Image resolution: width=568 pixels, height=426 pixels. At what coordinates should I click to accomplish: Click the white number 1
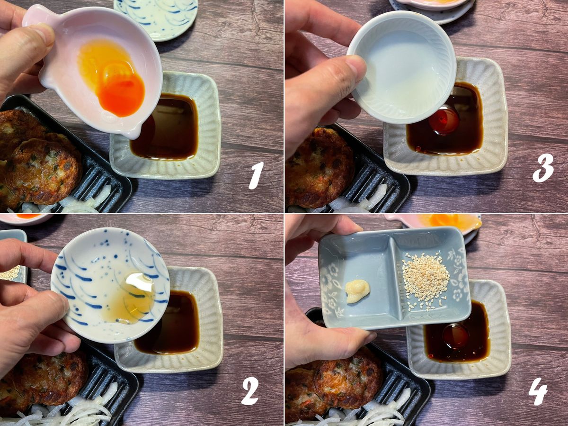256,176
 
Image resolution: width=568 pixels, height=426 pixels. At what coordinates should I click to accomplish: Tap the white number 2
250,391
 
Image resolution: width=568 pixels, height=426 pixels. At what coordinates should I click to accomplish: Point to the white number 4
538,395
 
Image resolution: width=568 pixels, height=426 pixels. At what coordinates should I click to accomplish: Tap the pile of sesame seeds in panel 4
426,280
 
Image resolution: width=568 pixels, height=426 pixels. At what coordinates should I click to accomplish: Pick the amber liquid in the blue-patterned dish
132,303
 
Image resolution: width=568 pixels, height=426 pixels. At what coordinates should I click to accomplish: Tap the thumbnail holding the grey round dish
355,68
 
